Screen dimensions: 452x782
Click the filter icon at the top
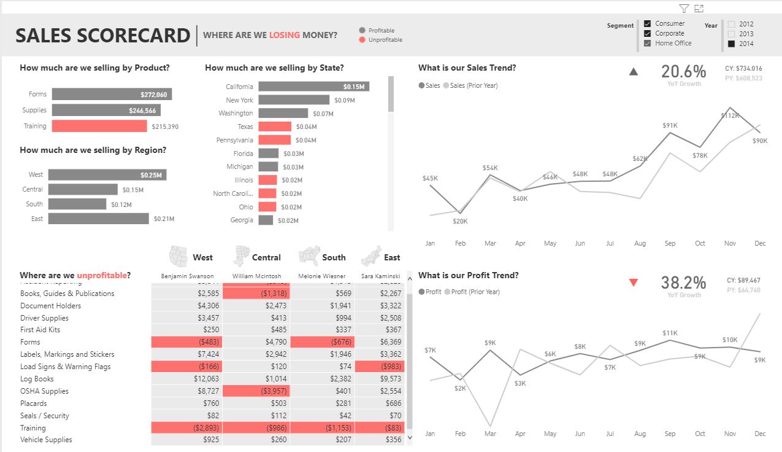[684, 9]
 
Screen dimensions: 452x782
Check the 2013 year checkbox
[732, 34]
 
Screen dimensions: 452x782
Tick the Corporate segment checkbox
[647, 33]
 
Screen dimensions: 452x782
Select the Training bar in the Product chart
[99, 126]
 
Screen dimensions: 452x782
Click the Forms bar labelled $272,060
[112, 94]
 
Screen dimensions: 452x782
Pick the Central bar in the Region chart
[83, 190]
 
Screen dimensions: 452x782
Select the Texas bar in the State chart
[274, 127]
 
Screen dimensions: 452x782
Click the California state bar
[313, 87]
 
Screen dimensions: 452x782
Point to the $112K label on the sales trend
[730, 115]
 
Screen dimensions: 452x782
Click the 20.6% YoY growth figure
[683, 72]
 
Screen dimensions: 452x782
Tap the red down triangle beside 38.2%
[634, 282]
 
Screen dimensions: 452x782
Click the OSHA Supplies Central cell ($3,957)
[256, 391]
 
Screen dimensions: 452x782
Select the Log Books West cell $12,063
[186, 379]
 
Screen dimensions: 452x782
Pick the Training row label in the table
[33, 428]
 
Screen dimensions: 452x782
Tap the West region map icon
[178, 255]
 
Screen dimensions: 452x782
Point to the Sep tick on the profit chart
[670, 434]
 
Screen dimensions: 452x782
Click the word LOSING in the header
[285, 35]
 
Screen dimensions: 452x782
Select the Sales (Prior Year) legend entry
[470, 85]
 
